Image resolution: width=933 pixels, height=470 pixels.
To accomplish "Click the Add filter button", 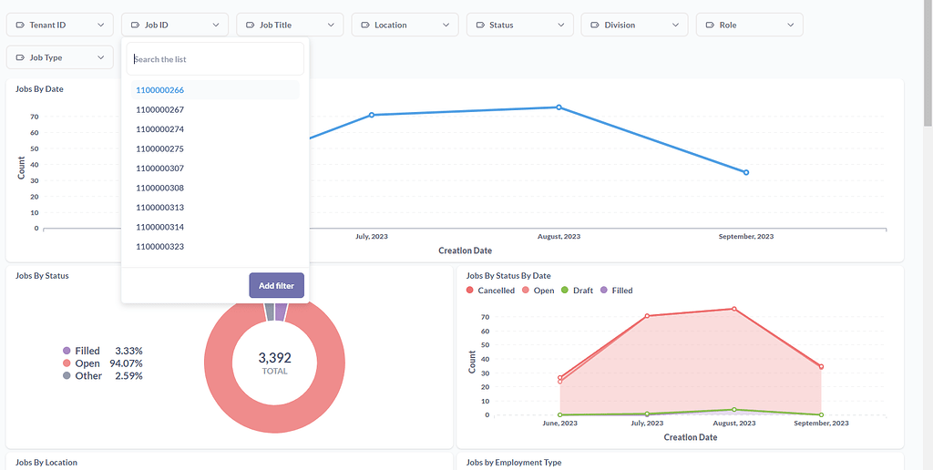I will pyautogui.click(x=276, y=285).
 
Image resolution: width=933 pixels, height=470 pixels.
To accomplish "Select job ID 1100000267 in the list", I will pyautogui.click(x=160, y=109).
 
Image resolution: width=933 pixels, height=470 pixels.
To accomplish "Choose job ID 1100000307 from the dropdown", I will pyautogui.click(x=160, y=169).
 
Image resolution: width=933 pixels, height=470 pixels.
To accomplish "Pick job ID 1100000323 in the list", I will pyautogui.click(x=160, y=247).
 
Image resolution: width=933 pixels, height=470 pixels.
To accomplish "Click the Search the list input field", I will pyautogui.click(x=215, y=59).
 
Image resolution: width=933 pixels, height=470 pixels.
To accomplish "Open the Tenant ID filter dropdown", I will pyautogui.click(x=60, y=25).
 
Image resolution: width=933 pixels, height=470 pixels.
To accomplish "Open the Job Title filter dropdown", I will pyautogui.click(x=290, y=25).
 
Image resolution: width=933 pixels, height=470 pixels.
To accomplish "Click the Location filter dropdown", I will pyautogui.click(x=405, y=25).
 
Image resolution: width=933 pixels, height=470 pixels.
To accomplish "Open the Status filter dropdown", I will pyautogui.click(x=519, y=25).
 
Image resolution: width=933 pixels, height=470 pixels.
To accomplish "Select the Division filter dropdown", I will pyautogui.click(x=634, y=25).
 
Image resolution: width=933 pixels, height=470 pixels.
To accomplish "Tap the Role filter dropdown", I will pyautogui.click(x=749, y=25).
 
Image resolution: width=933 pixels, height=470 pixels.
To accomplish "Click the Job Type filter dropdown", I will pyautogui.click(x=60, y=57).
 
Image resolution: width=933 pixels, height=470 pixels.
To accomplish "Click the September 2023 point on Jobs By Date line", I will pyautogui.click(x=746, y=172).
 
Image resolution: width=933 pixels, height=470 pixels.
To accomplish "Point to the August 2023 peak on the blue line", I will pyautogui.click(x=559, y=107).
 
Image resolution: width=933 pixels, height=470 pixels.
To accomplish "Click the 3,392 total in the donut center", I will pyautogui.click(x=274, y=358).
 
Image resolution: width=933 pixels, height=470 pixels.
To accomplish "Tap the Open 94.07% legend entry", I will pyautogui.click(x=103, y=363).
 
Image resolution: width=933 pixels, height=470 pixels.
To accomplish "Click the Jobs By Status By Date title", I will pyautogui.click(x=508, y=276).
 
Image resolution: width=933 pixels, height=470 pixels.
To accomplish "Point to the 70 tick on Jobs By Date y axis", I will pyautogui.click(x=35, y=117).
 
